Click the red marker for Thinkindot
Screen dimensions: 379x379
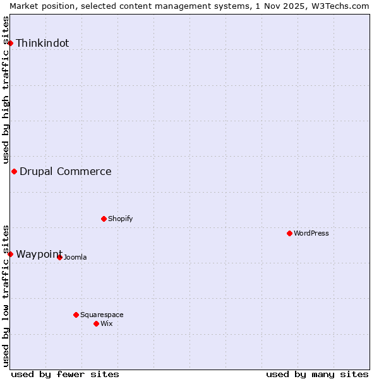point(11,43)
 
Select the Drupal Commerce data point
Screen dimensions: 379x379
point(14,171)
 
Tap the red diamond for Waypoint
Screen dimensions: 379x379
point(10,254)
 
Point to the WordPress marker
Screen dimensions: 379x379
point(289,233)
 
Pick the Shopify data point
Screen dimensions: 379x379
point(104,219)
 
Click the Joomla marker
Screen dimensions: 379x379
point(59,257)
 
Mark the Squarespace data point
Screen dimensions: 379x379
point(76,315)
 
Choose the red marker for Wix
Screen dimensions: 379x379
point(96,323)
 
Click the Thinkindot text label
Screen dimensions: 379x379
point(42,43)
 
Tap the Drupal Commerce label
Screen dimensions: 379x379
point(66,171)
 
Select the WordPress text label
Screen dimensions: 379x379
point(311,233)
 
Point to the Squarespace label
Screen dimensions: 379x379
point(102,315)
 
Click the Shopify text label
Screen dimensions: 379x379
point(120,219)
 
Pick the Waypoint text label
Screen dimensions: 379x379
point(39,254)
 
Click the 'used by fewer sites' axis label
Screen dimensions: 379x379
point(65,374)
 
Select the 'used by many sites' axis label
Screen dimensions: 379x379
point(317,374)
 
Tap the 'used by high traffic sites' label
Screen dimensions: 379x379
point(6,90)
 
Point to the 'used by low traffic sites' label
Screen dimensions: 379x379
point(6,296)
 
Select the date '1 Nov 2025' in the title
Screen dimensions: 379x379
point(282,6)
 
